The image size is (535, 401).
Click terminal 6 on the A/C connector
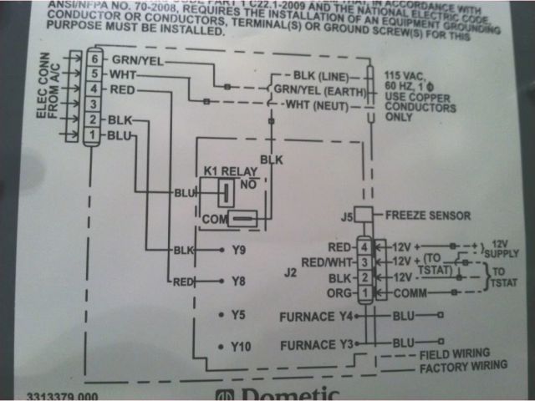(95, 59)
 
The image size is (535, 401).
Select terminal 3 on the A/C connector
(95, 104)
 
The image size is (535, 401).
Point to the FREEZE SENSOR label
(427, 215)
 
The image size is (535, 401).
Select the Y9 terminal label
(242, 250)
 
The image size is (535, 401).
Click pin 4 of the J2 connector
(364, 247)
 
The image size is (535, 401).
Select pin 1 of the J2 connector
(364, 293)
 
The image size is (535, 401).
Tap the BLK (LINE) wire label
(322, 74)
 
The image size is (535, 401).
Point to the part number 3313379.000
(64, 396)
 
